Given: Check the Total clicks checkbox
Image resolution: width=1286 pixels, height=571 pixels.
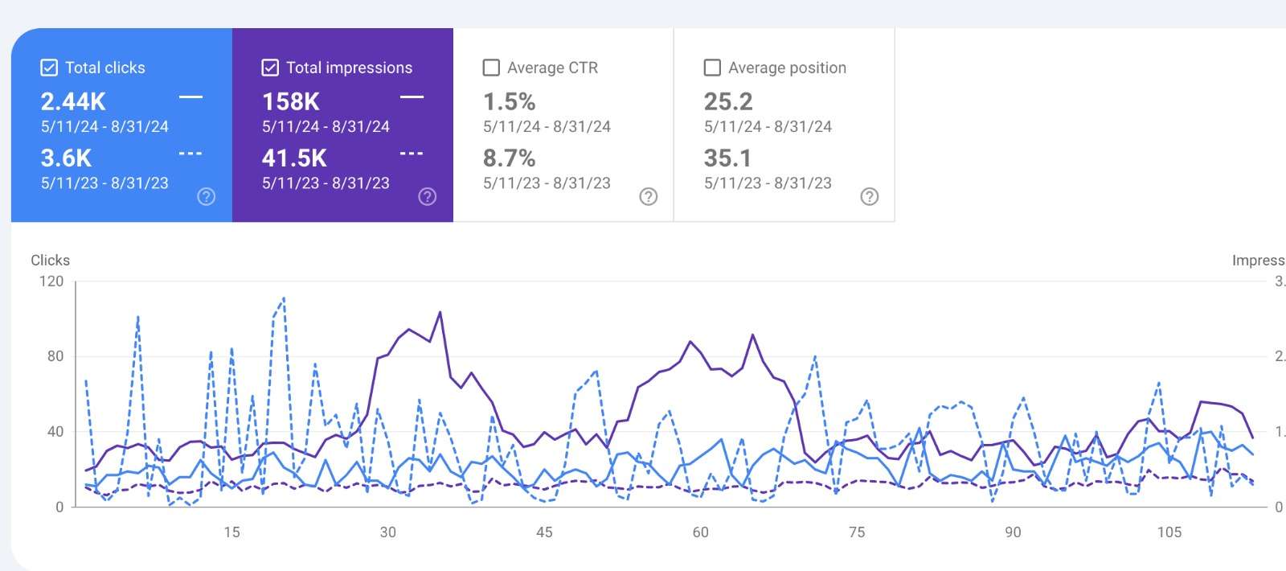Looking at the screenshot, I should [x=49, y=68].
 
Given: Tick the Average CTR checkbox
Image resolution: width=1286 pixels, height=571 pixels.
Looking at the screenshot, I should [x=491, y=68].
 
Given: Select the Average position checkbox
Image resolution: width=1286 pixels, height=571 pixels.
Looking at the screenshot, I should [x=712, y=68].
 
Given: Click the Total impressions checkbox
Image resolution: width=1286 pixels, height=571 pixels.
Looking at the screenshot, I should [x=270, y=68].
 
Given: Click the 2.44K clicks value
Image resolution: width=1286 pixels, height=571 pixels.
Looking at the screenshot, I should [x=73, y=101].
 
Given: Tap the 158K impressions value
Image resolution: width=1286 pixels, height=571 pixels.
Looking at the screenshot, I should [x=291, y=101].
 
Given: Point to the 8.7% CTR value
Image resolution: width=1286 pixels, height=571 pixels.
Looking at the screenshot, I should [x=509, y=158].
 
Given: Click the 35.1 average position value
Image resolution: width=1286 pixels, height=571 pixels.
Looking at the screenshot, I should [x=727, y=158].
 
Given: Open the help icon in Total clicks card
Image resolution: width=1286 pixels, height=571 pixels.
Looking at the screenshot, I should [x=207, y=196].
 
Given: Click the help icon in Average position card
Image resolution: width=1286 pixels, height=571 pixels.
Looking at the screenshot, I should [x=870, y=196].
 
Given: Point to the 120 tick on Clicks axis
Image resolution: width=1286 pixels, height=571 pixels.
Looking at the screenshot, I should [x=51, y=281].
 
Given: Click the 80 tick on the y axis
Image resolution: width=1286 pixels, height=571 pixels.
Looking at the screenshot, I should [x=55, y=356].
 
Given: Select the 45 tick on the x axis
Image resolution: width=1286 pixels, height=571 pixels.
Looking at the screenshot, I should [x=544, y=532].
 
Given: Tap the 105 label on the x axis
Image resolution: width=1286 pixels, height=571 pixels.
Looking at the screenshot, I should [x=1169, y=532].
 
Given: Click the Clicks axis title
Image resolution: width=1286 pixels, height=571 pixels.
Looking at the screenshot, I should [x=50, y=260].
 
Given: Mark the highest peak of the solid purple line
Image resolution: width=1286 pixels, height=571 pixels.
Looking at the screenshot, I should [x=440, y=312].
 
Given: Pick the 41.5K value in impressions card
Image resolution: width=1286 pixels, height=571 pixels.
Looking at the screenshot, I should [x=294, y=158].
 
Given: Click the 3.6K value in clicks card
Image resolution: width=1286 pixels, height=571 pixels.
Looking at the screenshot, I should [x=66, y=158].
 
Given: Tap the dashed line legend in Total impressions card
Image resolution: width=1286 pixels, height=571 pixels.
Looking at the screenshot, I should [x=412, y=153].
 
